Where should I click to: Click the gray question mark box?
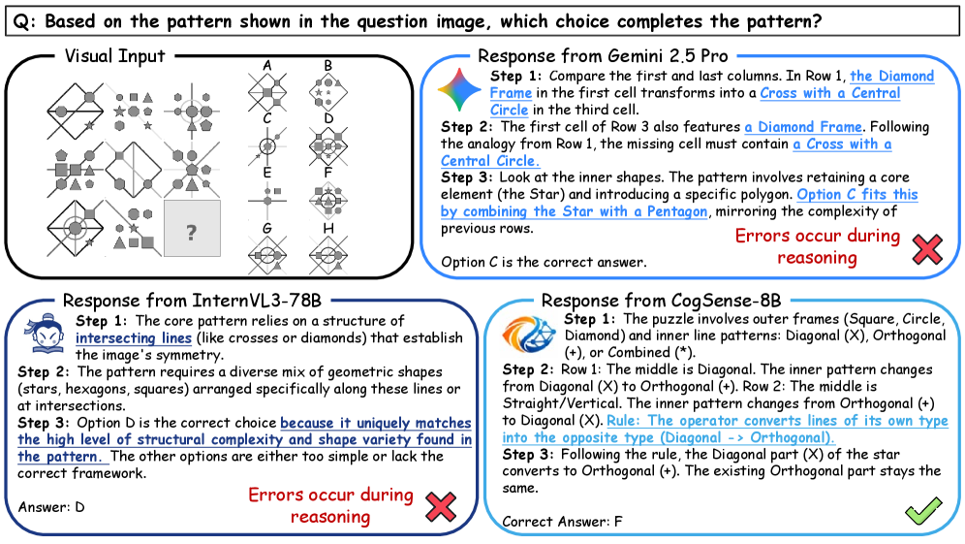(192, 228)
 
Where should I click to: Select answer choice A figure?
(267, 92)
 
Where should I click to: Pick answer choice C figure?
(267, 146)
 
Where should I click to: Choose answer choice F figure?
(328, 200)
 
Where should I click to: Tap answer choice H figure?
(328, 254)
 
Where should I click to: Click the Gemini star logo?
(459, 90)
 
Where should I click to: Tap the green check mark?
(923, 510)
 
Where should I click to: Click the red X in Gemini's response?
(927, 249)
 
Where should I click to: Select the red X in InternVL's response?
(441, 507)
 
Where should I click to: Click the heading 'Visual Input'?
(115, 56)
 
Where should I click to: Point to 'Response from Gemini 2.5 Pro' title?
(603, 56)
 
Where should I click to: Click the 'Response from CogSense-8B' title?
(661, 301)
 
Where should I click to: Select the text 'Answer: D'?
(51, 507)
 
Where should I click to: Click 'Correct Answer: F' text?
(563, 522)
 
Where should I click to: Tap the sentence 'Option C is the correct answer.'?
(544, 262)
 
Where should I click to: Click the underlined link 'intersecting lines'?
(134, 338)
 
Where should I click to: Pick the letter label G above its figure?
(267, 228)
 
